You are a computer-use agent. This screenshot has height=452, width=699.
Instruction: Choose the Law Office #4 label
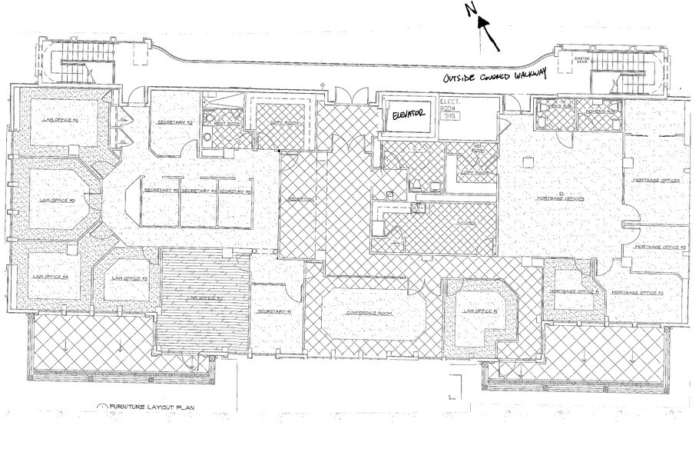[51, 276]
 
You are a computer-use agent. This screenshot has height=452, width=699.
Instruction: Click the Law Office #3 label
[130, 278]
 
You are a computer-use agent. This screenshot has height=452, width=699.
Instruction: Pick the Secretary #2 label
[174, 122]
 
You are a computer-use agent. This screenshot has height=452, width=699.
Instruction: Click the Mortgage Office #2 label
[637, 293]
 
